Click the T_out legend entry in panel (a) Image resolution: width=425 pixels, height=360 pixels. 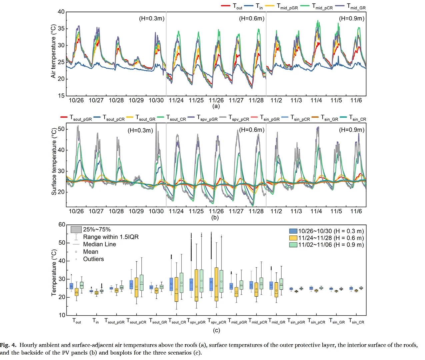(237, 6)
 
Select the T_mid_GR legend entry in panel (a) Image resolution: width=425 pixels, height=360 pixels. (356, 6)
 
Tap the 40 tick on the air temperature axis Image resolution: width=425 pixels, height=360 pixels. (61, 12)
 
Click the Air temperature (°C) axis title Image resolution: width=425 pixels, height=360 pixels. (53, 51)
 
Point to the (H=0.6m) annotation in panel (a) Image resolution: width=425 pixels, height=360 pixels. (252, 19)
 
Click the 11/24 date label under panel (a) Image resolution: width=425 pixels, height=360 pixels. (176, 100)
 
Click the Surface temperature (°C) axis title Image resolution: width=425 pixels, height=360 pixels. (54, 161)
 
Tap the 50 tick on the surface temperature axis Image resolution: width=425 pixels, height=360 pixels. (61, 129)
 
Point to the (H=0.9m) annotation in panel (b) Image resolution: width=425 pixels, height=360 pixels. (352, 130)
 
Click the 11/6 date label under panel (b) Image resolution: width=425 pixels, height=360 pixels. (356, 211)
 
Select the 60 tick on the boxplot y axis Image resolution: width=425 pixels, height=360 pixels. (62, 225)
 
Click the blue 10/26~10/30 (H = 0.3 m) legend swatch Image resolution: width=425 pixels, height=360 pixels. (293, 231)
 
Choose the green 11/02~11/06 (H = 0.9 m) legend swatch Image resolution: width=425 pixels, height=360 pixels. (293, 245)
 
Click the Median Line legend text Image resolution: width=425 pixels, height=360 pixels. (99, 244)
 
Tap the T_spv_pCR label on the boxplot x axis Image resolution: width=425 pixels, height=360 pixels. (217, 321)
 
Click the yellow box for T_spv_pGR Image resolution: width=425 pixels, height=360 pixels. (196, 285)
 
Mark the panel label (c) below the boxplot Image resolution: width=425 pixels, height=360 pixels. (216, 330)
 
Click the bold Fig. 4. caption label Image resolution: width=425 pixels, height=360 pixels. (8, 345)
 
